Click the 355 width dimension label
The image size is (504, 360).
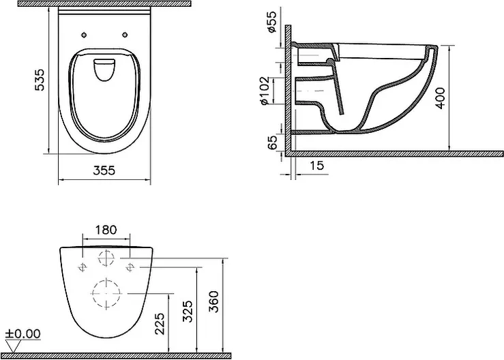coord(104,170)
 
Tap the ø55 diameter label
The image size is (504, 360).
coord(271,22)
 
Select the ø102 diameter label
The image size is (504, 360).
coord(264,90)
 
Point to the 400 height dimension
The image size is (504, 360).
coord(441,98)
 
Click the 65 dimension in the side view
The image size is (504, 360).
coord(272,142)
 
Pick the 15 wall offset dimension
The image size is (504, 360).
coord(316,166)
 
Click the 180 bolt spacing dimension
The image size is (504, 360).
coord(106,230)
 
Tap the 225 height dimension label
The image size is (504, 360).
coord(160,324)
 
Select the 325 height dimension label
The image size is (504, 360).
coord(188,311)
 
